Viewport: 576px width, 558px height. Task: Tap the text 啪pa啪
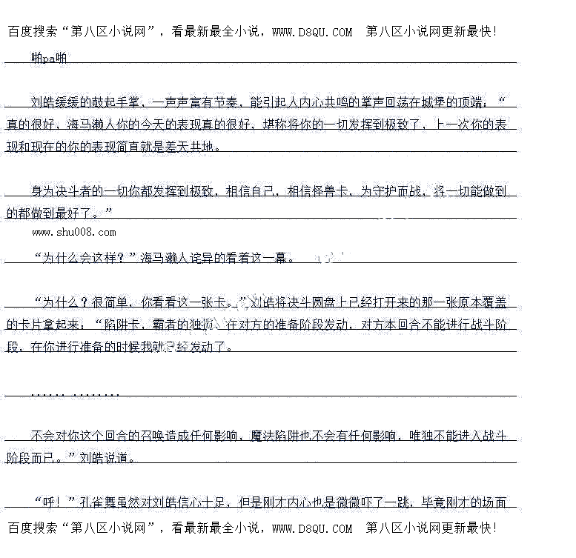(49, 56)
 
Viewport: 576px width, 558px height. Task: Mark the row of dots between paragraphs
(75, 391)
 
